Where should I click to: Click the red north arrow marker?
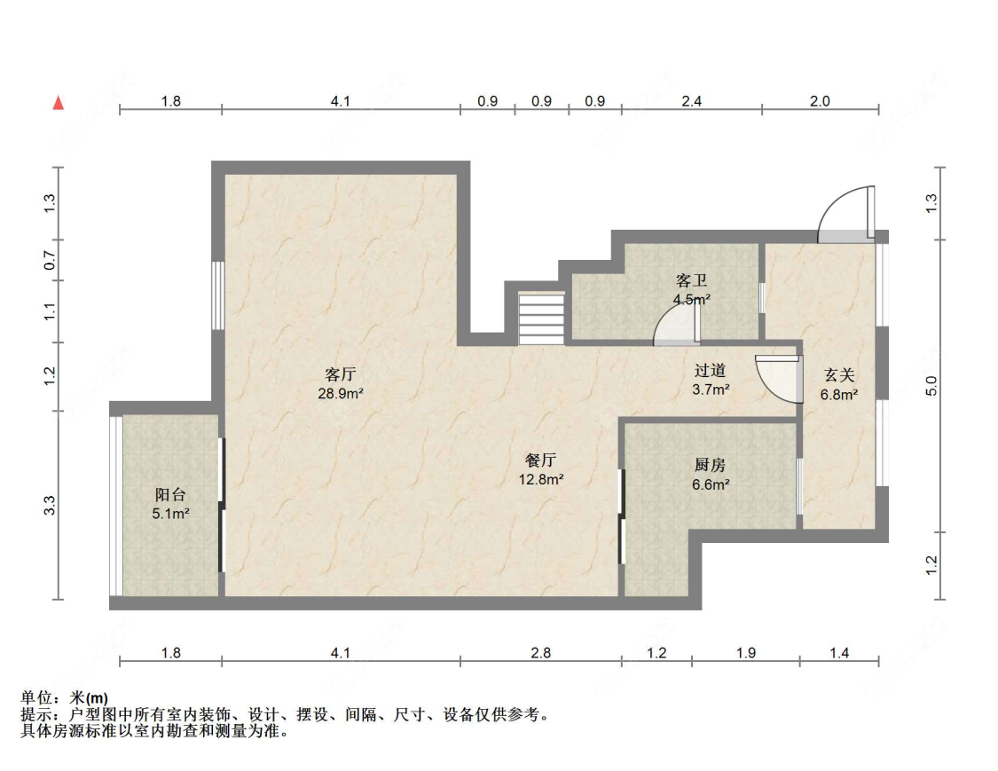[59, 103]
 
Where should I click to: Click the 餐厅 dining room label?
[541, 460]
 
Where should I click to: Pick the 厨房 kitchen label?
[711, 465]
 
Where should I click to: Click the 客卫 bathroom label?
[691, 280]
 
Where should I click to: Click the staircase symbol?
[541, 318]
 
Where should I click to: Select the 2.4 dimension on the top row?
[691, 101]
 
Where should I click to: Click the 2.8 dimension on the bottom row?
[540, 653]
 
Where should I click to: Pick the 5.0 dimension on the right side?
[931, 386]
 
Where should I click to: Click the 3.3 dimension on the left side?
[51, 506]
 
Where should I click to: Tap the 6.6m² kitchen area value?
[711, 484]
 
